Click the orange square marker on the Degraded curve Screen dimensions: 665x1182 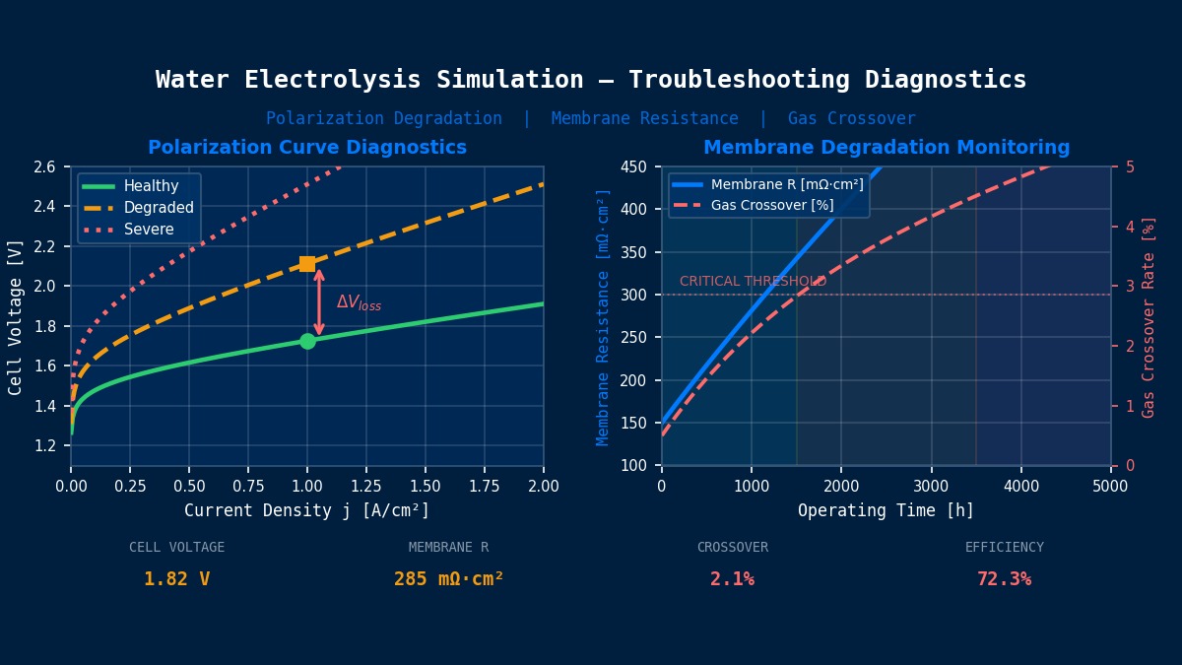307,264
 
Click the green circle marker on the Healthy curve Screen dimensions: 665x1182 307,341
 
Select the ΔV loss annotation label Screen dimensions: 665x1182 359,303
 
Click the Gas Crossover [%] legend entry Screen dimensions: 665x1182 771,205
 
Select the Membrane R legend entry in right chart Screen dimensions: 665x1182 786,184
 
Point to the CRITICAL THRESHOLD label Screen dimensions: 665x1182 753,282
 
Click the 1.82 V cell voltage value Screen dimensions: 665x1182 177,579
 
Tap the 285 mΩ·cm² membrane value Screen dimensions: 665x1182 448,579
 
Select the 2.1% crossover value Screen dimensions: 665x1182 732,579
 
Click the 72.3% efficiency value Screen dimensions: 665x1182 1004,579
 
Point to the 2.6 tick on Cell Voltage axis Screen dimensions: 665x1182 45,166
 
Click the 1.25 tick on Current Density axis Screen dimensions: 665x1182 366,486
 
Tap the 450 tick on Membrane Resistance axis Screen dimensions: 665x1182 634,166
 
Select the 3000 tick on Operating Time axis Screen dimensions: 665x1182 931,486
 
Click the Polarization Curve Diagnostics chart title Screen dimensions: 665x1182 307,148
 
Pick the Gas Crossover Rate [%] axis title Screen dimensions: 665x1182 1149,316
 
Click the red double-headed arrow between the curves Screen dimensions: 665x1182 319,302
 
